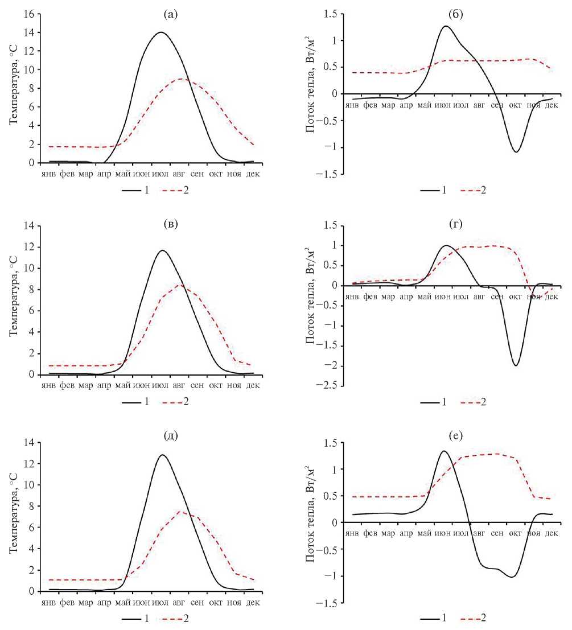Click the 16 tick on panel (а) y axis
point(28,14)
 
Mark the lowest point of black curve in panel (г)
point(516,365)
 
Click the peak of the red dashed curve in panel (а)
point(182,79)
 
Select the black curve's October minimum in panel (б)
point(516,151)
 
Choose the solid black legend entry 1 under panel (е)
point(434,618)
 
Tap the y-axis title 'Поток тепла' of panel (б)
point(311,94)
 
